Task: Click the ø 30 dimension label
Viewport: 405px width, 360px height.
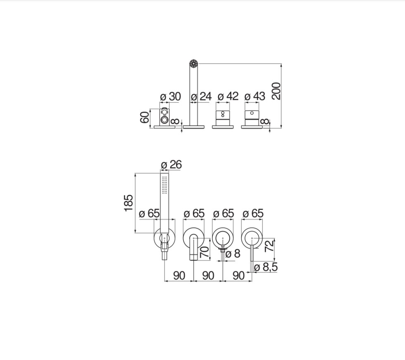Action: [x=170, y=97]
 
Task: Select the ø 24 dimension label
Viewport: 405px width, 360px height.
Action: [x=201, y=97]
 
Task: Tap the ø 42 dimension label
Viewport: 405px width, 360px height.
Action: [x=228, y=96]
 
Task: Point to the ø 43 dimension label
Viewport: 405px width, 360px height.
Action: [x=255, y=96]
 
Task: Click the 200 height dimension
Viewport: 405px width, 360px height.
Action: [x=276, y=91]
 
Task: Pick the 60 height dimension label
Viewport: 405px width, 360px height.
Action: [x=145, y=117]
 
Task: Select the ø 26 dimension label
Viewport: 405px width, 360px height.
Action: [x=171, y=165]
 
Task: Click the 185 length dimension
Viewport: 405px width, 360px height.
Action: [x=129, y=203]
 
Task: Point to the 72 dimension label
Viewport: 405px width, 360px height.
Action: [x=269, y=246]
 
